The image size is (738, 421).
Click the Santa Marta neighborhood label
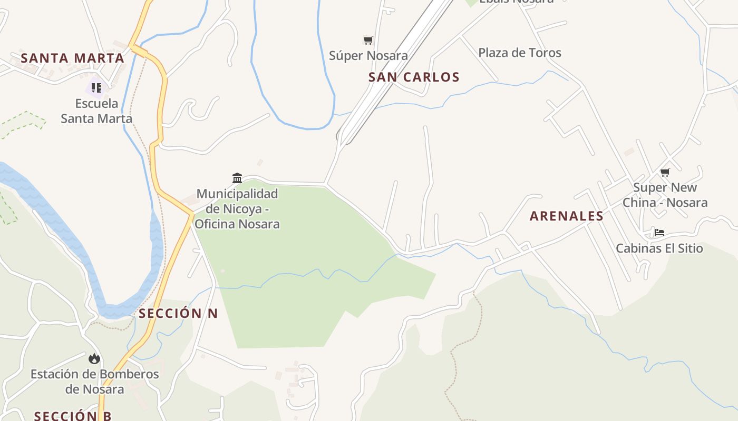72,58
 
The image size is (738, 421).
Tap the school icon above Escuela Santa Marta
96,87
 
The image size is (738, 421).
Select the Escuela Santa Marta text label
96,111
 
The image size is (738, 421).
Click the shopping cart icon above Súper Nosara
368,40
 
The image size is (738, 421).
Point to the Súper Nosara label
368,55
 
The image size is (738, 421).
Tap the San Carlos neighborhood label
414,77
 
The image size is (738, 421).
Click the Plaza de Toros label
519,53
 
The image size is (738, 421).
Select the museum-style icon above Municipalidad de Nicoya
237,178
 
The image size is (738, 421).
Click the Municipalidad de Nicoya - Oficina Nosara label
237,209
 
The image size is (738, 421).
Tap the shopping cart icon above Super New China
665,172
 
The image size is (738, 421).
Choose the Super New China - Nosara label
665,195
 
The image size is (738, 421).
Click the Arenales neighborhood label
566,216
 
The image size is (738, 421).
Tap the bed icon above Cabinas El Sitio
659,233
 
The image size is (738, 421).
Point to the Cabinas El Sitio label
659,248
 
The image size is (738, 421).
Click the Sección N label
178,314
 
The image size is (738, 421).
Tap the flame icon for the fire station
94,359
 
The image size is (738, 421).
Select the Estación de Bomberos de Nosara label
95,382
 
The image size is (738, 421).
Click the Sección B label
73,416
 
